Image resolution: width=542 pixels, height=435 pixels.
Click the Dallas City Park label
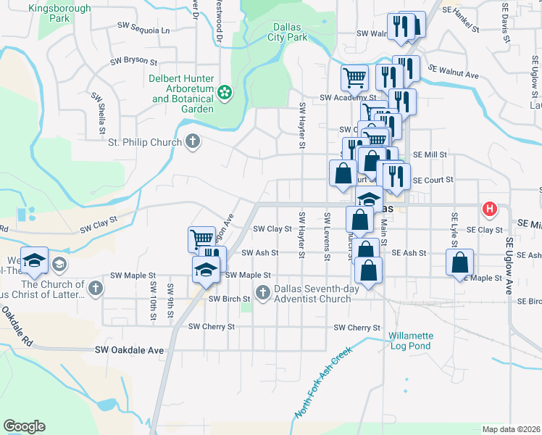(288, 31)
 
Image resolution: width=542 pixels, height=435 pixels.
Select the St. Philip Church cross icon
(192, 141)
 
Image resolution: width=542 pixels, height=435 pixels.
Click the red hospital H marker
(490, 210)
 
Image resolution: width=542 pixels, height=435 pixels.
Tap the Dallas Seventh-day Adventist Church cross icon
(263, 293)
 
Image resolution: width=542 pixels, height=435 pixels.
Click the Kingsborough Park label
(59, 14)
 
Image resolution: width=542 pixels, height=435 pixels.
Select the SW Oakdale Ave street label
(130, 350)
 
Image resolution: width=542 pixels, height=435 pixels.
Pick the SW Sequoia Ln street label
(143, 30)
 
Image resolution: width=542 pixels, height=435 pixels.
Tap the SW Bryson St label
(134, 62)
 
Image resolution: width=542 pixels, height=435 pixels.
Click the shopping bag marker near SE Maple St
(460, 262)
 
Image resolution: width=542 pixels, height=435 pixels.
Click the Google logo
(24, 426)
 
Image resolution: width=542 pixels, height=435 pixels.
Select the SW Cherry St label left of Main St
(212, 327)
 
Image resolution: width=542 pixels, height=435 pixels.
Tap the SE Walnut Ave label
(454, 72)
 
